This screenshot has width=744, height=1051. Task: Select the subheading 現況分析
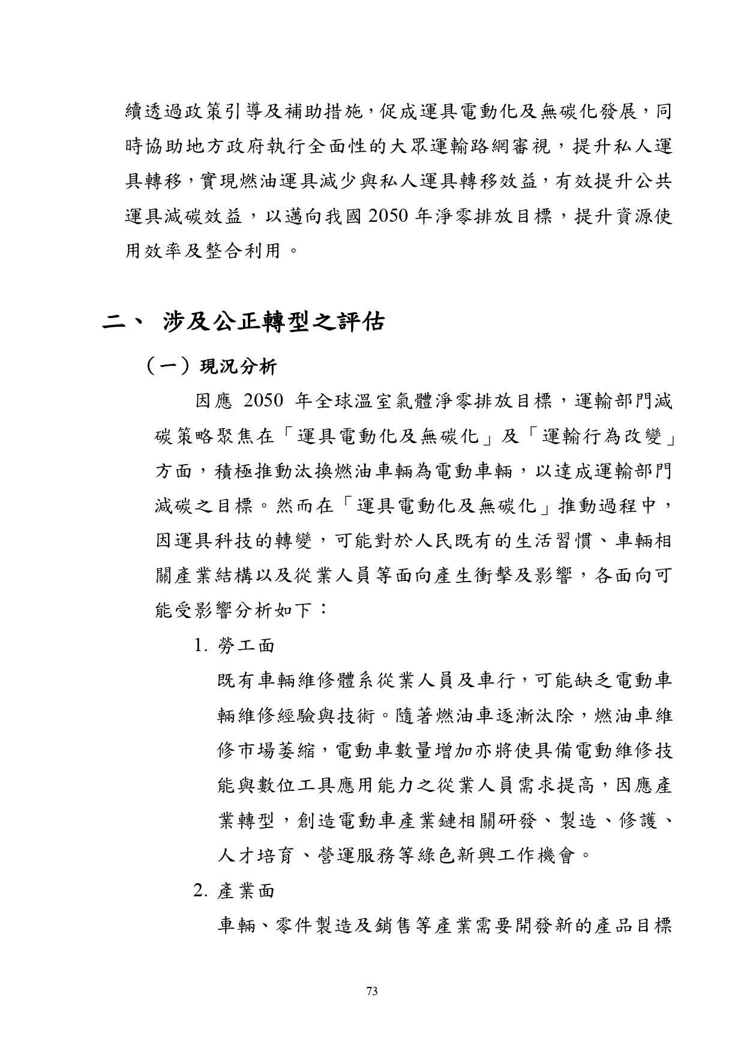238,367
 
